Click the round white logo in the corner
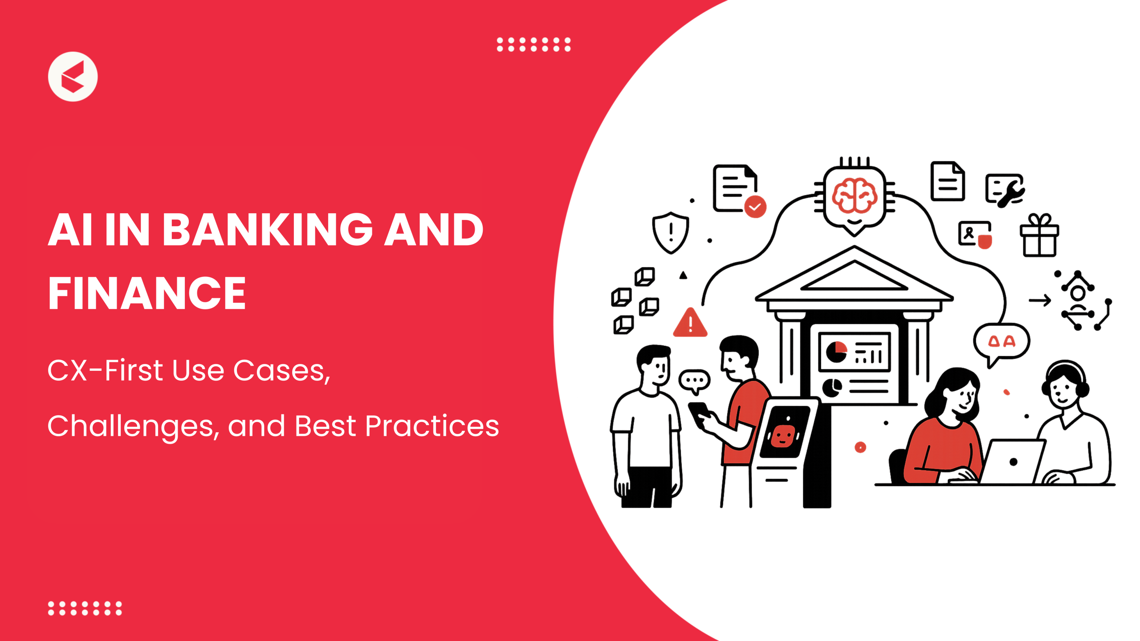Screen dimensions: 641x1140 pyautogui.click(x=73, y=77)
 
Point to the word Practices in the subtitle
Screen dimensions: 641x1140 pyautogui.click(x=432, y=426)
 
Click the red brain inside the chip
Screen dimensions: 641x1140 pyautogui.click(x=854, y=196)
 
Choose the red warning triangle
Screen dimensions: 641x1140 pyautogui.click(x=690, y=323)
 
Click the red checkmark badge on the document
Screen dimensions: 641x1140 pyautogui.click(x=755, y=207)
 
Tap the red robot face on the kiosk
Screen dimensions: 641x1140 pyautogui.click(x=783, y=436)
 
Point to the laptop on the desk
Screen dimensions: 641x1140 pyautogui.click(x=1013, y=461)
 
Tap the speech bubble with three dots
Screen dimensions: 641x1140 pyautogui.click(x=694, y=381)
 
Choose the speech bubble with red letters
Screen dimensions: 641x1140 pyautogui.click(x=1001, y=342)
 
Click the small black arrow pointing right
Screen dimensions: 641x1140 pyautogui.click(x=1040, y=301)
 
